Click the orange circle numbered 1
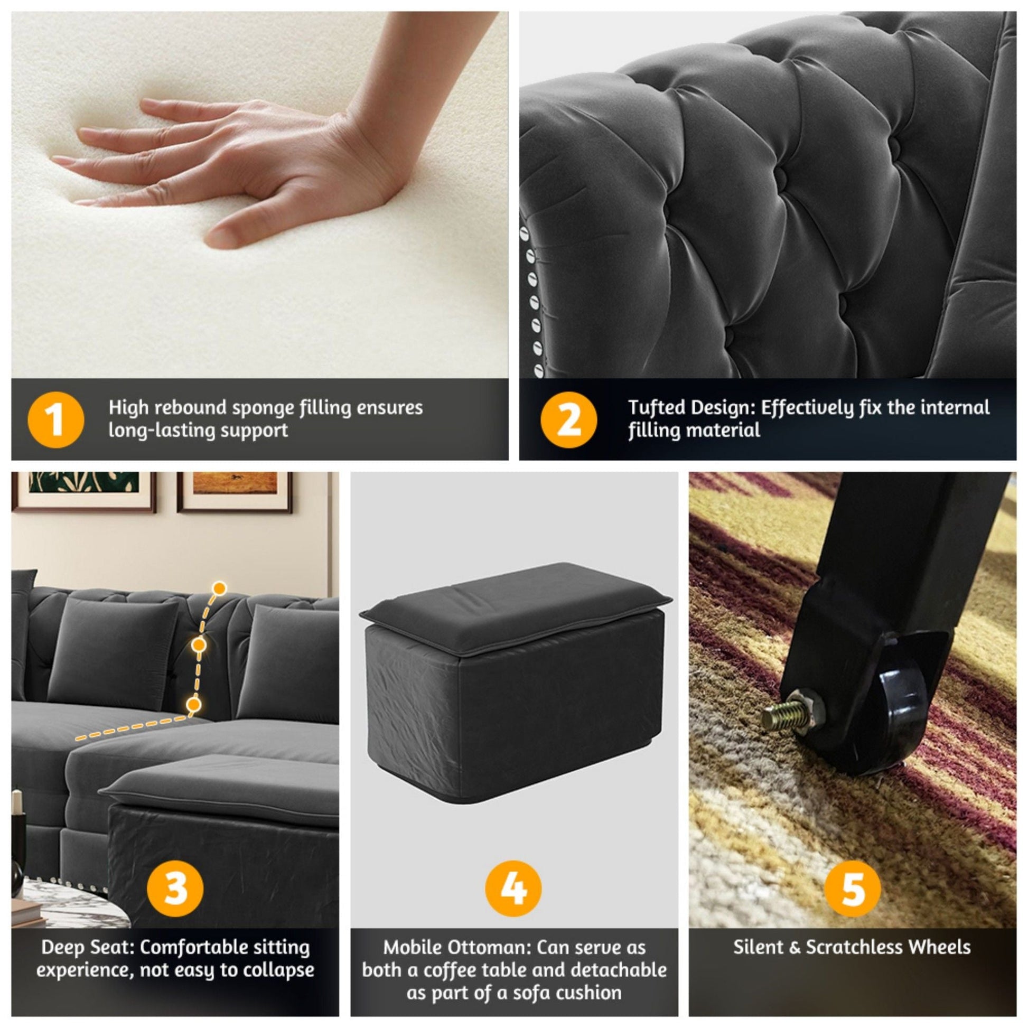[x=55, y=420]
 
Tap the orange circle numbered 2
[x=568, y=420]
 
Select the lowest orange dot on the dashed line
[x=194, y=705]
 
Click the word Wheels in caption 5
[x=939, y=947]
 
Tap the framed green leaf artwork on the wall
[x=83, y=490]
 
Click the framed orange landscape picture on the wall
[x=235, y=491]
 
